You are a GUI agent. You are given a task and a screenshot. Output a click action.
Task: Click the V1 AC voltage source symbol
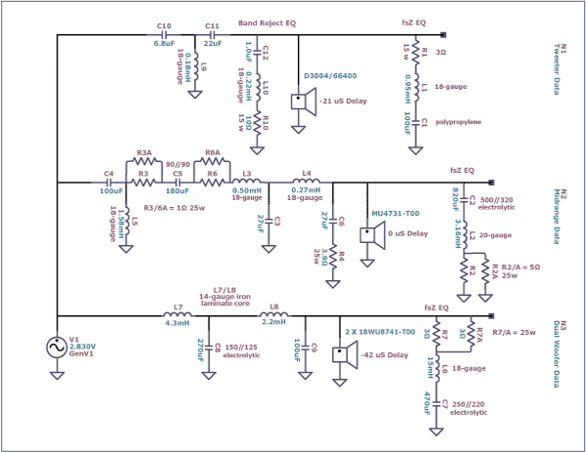pyautogui.click(x=58, y=347)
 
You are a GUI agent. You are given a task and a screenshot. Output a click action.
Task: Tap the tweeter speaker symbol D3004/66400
pyautogui.click(x=302, y=100)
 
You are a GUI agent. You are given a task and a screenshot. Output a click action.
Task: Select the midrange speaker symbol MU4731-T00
pyautogui.click(x=369, y=234)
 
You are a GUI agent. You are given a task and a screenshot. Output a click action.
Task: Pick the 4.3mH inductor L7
pyautogui.click(x=177, y=315)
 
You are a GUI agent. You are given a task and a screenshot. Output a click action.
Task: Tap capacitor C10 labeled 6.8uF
pyautogui.click(x=163, y=37)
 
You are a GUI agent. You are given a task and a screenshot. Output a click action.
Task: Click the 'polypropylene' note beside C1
pyautogui.click(x=461, y=124)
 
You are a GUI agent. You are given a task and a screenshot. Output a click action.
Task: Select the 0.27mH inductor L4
pyautogui.click(x=307, y=182)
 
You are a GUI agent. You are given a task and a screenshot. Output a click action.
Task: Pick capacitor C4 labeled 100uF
pyautogui.click(x=109, y=182)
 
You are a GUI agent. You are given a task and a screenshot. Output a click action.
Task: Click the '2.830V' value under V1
pyautogui.click(x=83, y=346)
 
